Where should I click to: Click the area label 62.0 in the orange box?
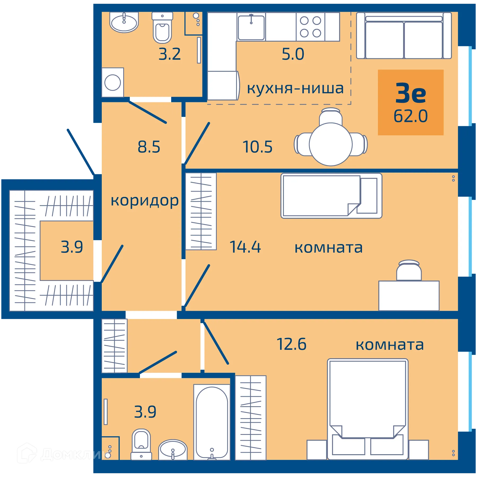point(410,116)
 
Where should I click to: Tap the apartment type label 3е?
point(410,93)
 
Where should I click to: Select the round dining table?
point(330,144)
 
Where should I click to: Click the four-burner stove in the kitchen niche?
point(310,27)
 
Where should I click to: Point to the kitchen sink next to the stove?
point(251,28)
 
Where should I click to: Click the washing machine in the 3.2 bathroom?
point(113,82)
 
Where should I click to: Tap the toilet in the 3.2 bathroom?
point(162,29)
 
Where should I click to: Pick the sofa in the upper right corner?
point(404,36)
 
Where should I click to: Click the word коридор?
point(144,201)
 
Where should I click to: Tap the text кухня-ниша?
point(295,88)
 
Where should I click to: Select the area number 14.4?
point(245,247)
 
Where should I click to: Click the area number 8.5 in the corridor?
point(149,147)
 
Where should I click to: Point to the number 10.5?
point(257,147)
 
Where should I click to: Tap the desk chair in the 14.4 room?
point(409,270)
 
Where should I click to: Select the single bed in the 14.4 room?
point(331,196)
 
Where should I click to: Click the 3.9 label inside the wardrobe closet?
point(72,247)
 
